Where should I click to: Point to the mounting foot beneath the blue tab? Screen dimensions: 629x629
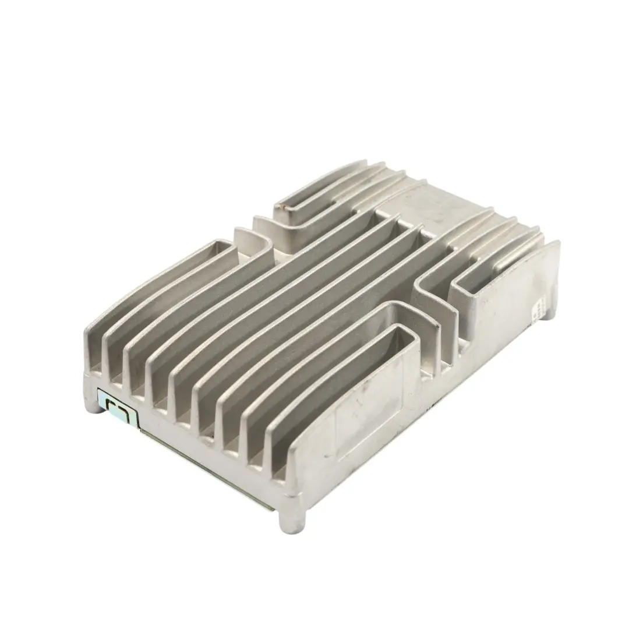(x=96, y=404)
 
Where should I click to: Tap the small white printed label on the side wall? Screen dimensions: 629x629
(x=540, y=305)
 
